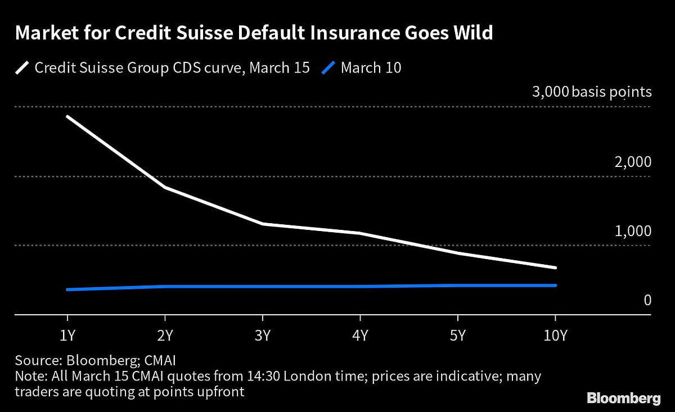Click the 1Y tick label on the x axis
(x=67, y=336)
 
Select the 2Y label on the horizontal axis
(x=164, y=336)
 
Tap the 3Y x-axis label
(x=262, y=336)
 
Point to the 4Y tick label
(x=360, y=336)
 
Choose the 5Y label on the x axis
(x=458, y=336)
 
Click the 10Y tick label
(x=555, y=336)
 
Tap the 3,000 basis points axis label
(x=591, y=92)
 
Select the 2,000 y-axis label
(x=633, y=162)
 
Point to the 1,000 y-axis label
(x=633, y=232)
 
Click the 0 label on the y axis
(x=647, y=301)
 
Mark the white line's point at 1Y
(x=67, y=116)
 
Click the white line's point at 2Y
(x=164, y=187)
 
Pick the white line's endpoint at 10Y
(x=556, y=268)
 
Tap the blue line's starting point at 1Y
(x=67, y=289)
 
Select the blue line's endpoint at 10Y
(x=556, y=286)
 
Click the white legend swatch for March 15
(x=22, y=68)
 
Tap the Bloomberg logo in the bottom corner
(x=623, y=399)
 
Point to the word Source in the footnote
(x=34, y=360)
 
